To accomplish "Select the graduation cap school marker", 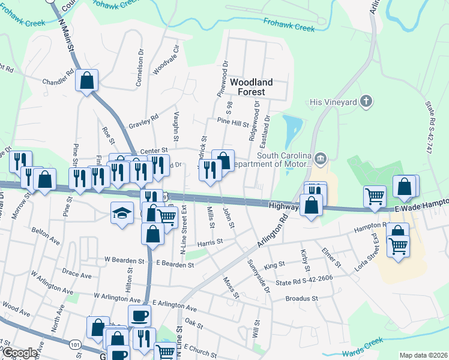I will [122, 213].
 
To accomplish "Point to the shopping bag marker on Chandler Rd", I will [86, 80].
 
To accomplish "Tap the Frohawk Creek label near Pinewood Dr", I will [289, 24].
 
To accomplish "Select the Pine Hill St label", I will [233, 124].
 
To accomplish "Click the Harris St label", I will [210, 242].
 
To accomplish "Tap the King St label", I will [274, 265].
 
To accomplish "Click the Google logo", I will [19, 353].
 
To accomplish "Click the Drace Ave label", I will [76, 274].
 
